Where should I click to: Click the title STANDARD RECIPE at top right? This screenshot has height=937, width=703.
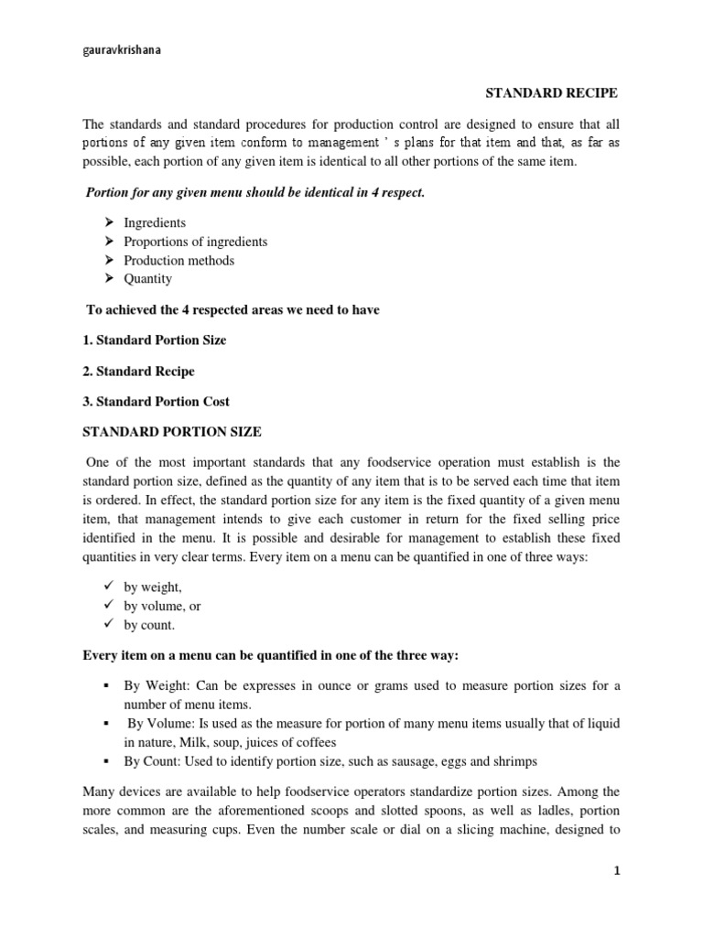point(551,93)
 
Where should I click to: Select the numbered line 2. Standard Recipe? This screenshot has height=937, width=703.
point(138,372)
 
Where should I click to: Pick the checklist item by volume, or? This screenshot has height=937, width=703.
point(157,606)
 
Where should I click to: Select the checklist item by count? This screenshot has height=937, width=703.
point(148,625)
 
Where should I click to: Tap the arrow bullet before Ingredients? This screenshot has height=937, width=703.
point(108,222)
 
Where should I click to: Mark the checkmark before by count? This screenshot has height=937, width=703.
point(107,624)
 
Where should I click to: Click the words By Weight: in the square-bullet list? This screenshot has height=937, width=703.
point(156,686)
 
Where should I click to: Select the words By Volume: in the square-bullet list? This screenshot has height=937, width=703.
point(160,724)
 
